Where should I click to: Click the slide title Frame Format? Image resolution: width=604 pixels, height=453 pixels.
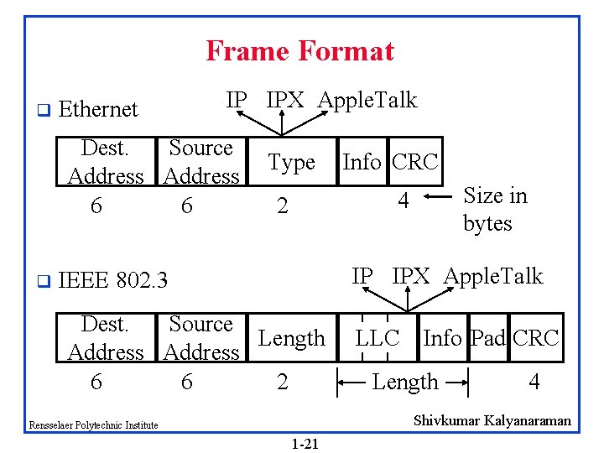pyautogui.click(x=299, y=51)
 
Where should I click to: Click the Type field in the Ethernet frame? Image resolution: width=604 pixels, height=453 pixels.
pyautogui.click(x=291, y=163)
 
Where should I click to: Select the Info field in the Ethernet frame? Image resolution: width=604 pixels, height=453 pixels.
pyautogui.click(x=362, y=162)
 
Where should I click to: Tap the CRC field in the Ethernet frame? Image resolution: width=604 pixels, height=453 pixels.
pyautogui.click(x=416, y=162)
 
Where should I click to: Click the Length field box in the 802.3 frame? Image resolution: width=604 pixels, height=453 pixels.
pyautogui.click(x=291, y=338)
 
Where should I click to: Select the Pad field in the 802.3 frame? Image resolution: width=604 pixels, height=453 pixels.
pyautogui.click(x=487, y=338)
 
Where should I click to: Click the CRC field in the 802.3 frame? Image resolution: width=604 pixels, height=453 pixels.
pyautogui.click(x=536, y=338)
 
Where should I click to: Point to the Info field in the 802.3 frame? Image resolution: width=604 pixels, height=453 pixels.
pyautogui.click(x=442, y=338)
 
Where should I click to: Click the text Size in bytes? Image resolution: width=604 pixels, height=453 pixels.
pyautogui.click(x=495, y=209)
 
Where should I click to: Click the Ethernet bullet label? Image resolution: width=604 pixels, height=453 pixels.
pyautogui.click(x=98, y=109)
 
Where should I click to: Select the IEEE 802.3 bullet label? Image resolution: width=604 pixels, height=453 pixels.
pyautogui.click(x=113, y=280)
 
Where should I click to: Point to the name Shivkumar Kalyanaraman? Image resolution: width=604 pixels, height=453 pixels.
pyautogui.click(x=492, y=420)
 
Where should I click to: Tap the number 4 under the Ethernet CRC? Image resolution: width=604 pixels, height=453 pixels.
pyautogui.click(x=404, y=202)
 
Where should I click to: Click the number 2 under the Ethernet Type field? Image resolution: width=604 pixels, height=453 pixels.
pyautogui.click(x=283, y=206)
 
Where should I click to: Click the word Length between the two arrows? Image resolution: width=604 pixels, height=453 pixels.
pyautogui.click(x=405, y=383)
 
